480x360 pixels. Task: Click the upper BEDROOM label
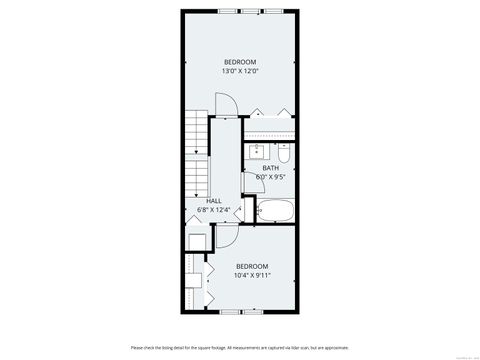240,62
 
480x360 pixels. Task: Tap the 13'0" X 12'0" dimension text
240,72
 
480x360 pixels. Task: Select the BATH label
270,167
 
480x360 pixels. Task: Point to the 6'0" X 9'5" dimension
270,177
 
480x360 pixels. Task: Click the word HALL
214,200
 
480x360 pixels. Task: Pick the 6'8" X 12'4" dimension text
214,210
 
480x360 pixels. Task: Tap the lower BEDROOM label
252,265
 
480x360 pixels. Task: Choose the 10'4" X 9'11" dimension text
252,275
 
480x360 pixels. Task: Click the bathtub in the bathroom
275,211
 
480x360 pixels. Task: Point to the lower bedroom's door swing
226,238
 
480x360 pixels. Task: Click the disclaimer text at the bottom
239,347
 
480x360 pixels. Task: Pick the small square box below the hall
197,241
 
